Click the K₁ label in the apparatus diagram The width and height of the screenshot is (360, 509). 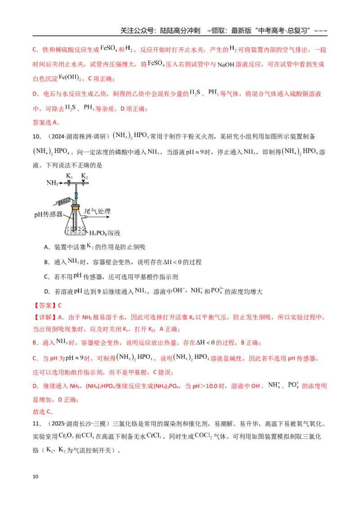click(70, 176)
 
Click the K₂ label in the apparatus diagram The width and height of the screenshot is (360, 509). click(85, 176)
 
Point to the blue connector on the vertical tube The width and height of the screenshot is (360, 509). click(76, 196)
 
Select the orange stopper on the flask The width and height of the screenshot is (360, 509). click(76, 207)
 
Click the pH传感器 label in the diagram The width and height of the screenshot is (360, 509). click(48, 214)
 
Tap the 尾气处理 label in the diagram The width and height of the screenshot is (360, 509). click(98, 211)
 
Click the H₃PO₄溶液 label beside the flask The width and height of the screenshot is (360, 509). click(104, 233)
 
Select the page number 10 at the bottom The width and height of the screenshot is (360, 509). click(36, 477)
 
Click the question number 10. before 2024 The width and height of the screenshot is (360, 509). click(37, 137)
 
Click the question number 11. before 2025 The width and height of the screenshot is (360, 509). click(37, 424)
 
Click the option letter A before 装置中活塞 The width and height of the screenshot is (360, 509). click(46, 247)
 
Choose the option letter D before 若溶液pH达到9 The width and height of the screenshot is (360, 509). click(47, 292)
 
